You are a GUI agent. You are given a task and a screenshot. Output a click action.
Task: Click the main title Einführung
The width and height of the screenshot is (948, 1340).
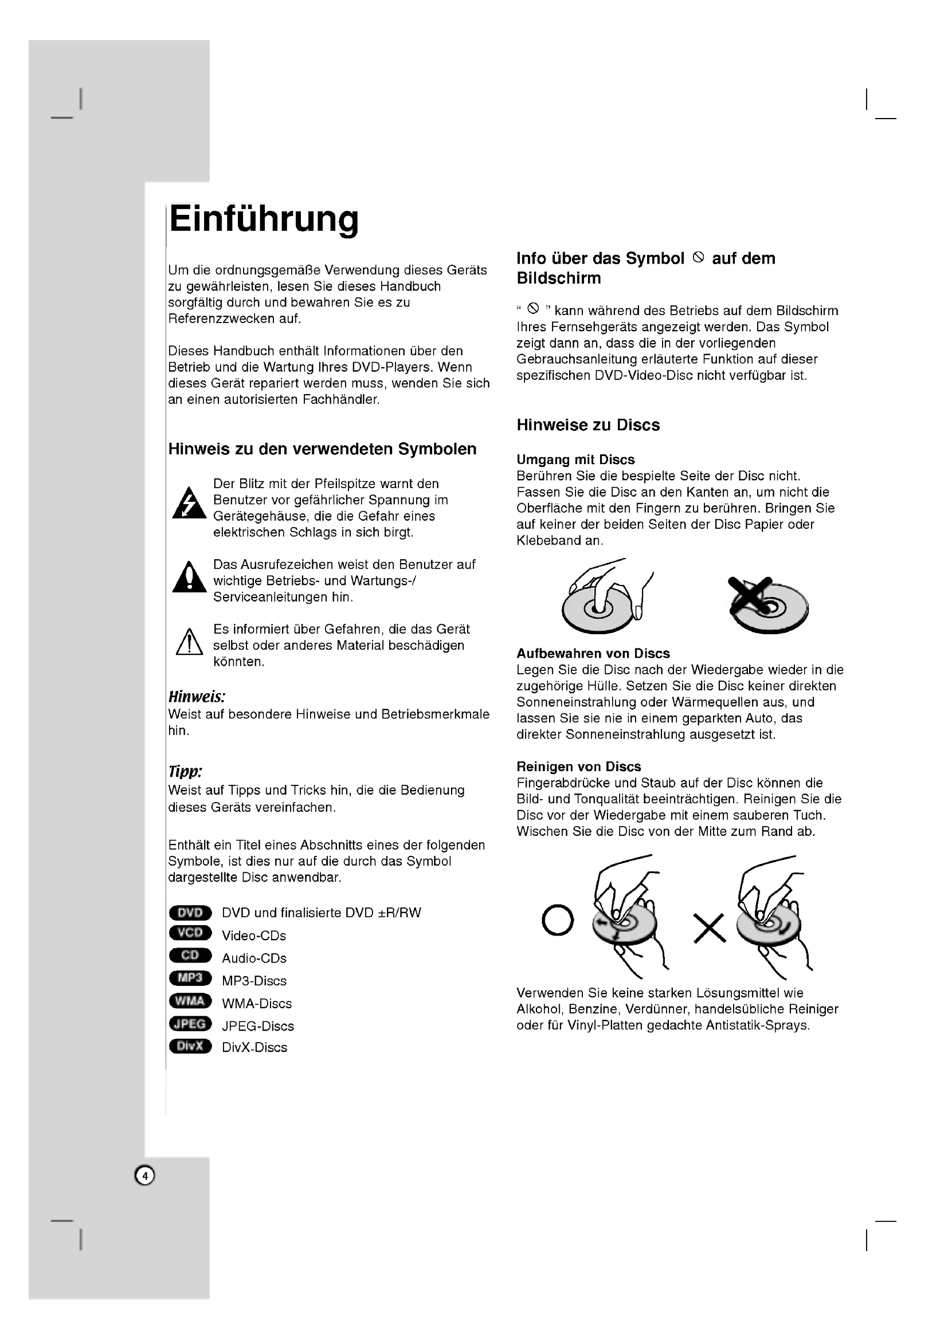pyautogui.click(x=264, y=219)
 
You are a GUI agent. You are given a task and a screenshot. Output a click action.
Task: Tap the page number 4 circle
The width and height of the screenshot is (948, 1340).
pyautogui.click(x=145, y=1176)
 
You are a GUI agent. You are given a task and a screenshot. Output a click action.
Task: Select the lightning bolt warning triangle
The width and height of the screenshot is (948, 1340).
pyautogui.click(x=189, y=503)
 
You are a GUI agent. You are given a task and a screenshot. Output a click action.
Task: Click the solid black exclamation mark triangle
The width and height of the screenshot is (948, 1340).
pyautogui.click(x=189, y=578)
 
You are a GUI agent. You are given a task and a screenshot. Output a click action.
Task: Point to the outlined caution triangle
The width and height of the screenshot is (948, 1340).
pyautogui.click(x=189, y=643)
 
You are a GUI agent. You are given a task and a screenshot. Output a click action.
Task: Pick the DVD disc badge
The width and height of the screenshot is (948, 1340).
pyautogui.click(x=190, y=913)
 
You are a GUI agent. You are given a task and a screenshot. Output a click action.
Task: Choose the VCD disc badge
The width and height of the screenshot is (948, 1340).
pyautogui.click(x=190, y=933)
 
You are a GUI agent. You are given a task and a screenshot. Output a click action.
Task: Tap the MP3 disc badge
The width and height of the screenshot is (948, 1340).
pyautogui.click(x=190, y=978)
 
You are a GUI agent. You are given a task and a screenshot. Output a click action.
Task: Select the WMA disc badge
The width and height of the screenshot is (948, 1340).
pyautogui.click(x=190, y=1001)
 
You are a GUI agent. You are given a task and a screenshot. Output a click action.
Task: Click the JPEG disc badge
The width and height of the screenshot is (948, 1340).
pyautogui.click(x=190, y=1024)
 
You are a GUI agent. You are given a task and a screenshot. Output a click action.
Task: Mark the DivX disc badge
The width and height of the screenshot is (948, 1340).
pyautogui.click(x=190, y=1046)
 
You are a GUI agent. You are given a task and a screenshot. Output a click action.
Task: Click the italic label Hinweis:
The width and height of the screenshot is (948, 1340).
pyautogui.click(x=197, y=697)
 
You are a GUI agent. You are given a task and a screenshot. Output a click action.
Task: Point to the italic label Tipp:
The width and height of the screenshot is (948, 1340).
pyautogui.click(x=185, y=772)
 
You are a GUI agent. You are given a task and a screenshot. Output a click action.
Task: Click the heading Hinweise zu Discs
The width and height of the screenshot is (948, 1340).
pyautogui.click(x=588, y=425)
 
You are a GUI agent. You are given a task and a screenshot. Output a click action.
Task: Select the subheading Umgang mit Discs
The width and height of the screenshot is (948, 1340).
pyautogui.click(x=575, y=460)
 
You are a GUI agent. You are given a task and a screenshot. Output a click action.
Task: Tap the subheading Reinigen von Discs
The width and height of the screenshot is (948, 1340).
pyautogui.click(x=578, y=767)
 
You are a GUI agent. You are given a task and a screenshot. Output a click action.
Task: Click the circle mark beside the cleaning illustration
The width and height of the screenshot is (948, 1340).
pyautogui.click(x=558, y=921)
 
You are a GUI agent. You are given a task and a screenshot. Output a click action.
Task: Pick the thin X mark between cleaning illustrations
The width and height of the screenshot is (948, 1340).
pyautogui.click(x=709, y=929)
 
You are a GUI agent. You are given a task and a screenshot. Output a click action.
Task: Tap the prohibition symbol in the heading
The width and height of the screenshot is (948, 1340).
pyautogui.click(x=698, y=257)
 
